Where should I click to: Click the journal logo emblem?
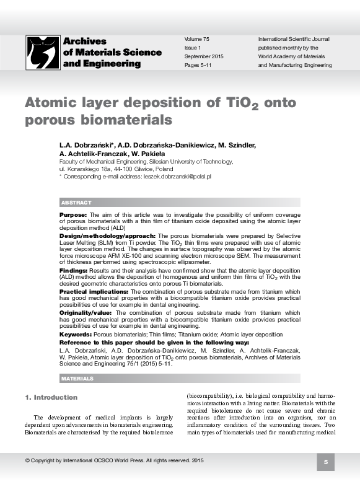click(43, 51)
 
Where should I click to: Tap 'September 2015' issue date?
click(204, 56)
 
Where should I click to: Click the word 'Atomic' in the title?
click(51, 102)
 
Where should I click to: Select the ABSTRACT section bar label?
click(76, 203)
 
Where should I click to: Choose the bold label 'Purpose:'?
click(72, 213)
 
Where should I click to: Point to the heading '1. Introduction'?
click(51, 397)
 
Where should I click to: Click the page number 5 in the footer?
click(325, 462)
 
